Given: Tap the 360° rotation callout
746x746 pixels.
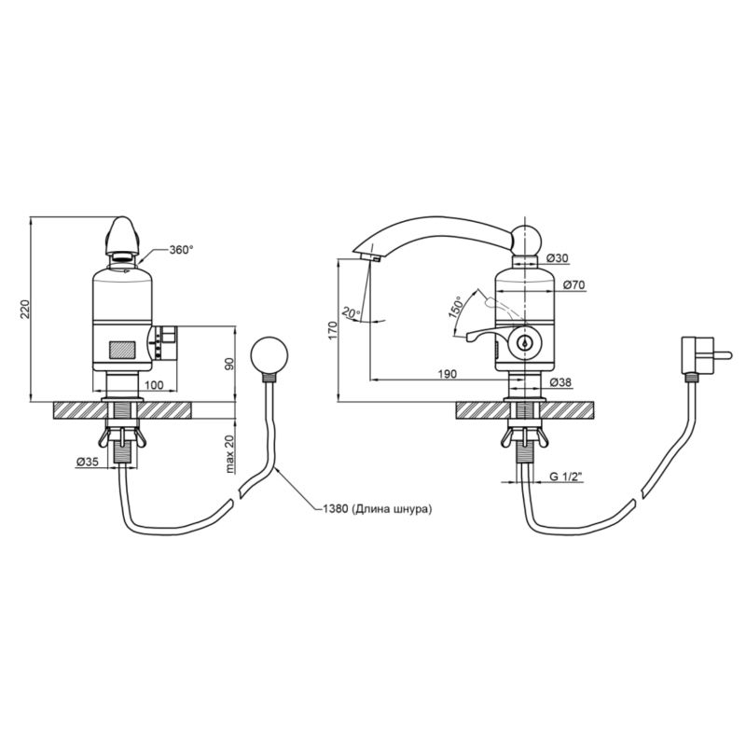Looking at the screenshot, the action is click(x=181, y=249).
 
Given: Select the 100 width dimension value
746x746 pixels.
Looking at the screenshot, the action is click(x=154, y=384).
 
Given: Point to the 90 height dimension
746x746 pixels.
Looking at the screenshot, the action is click(x=228, y=364).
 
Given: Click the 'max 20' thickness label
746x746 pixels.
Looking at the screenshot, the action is click(x=230, y=454).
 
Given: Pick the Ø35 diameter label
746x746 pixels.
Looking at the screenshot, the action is click(x=87, y=461).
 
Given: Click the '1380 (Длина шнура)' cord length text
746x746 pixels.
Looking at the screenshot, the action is click(x=378, y=509).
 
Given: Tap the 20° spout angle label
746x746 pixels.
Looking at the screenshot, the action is click(x=352, y=312).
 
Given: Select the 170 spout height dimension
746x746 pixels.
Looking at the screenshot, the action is click(x=333, y=330).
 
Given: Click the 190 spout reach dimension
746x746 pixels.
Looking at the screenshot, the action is click(x=447, y=374).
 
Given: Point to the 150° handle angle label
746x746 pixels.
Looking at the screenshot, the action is click(x=455, y=308).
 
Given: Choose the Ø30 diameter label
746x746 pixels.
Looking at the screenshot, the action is click(x=557, y=258).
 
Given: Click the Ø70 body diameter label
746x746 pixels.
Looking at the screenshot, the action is click(x=574, y=285).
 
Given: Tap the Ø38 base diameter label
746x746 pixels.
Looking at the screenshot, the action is click(x=560, y=382).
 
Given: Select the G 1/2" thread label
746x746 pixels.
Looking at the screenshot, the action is click(x=566, y=477).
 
